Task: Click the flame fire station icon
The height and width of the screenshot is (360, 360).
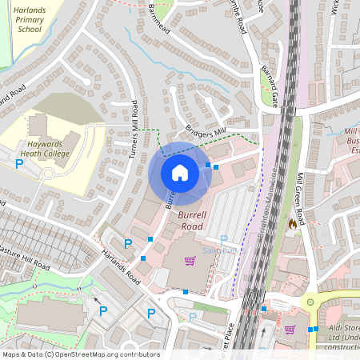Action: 292,225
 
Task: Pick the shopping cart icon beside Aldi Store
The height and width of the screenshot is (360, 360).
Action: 290,329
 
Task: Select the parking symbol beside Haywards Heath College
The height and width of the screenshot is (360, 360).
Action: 19,164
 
